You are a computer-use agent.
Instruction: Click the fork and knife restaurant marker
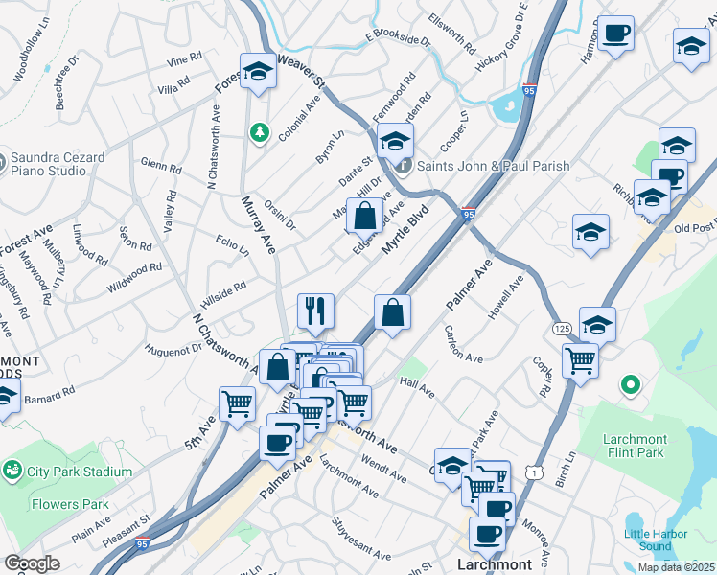pyautogui.click(x=315, y=310)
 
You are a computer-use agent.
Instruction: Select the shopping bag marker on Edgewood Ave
pyautogui.click(x=364, y=216)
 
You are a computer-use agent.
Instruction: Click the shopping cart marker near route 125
pyautogui.click(x=580, y=361)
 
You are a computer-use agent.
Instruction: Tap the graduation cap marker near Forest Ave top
pyautogui.click(x=257, y=70)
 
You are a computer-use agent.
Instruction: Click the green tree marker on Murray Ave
pyautogui.click(x=257, y=131)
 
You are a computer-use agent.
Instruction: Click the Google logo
pyautogui.click(x=32, y=563)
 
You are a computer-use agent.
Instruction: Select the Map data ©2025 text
pyautogui.click(x=675, y=567)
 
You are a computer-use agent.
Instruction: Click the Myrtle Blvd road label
pyautogui.click(x=403, y=233)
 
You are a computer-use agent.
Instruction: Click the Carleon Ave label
pyautogui.click(x=463, y=344)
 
